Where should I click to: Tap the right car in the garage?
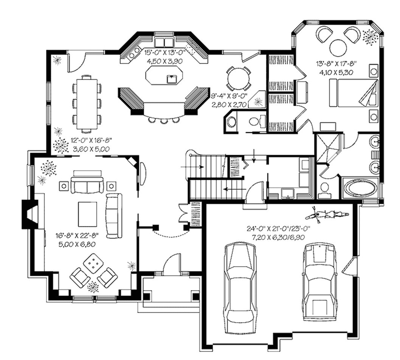point(319,281)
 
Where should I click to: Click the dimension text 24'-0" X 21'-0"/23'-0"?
point(276,229)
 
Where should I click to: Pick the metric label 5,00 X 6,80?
point(76,244)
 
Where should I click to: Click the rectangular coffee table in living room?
point(87,213)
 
